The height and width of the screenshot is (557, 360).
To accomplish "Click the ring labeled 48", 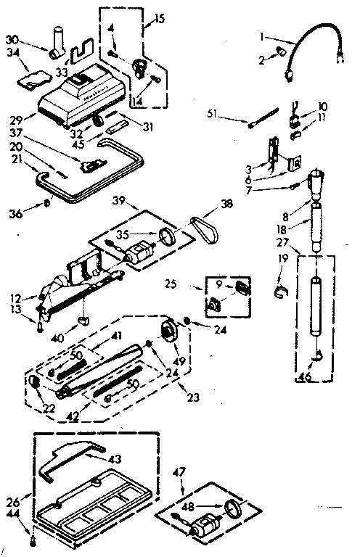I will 234,511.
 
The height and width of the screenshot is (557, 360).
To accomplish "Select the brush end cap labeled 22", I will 34,383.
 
